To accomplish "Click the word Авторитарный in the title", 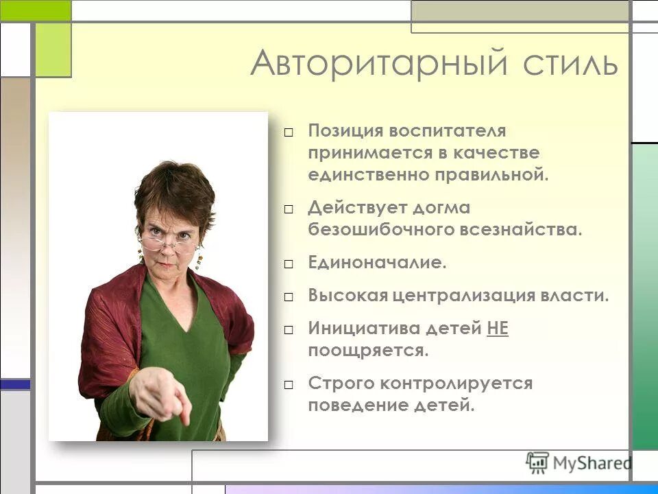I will pyautogui.click(x=379, y=63).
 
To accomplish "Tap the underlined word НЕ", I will pyautogui.click(x=498, y=329).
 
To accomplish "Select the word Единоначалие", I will pyautogui.click(x=377, y=263).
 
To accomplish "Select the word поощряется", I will pyautogui.click(x=368, y=351).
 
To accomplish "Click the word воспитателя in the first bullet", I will pyautogui.click(x=448, y=130).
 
